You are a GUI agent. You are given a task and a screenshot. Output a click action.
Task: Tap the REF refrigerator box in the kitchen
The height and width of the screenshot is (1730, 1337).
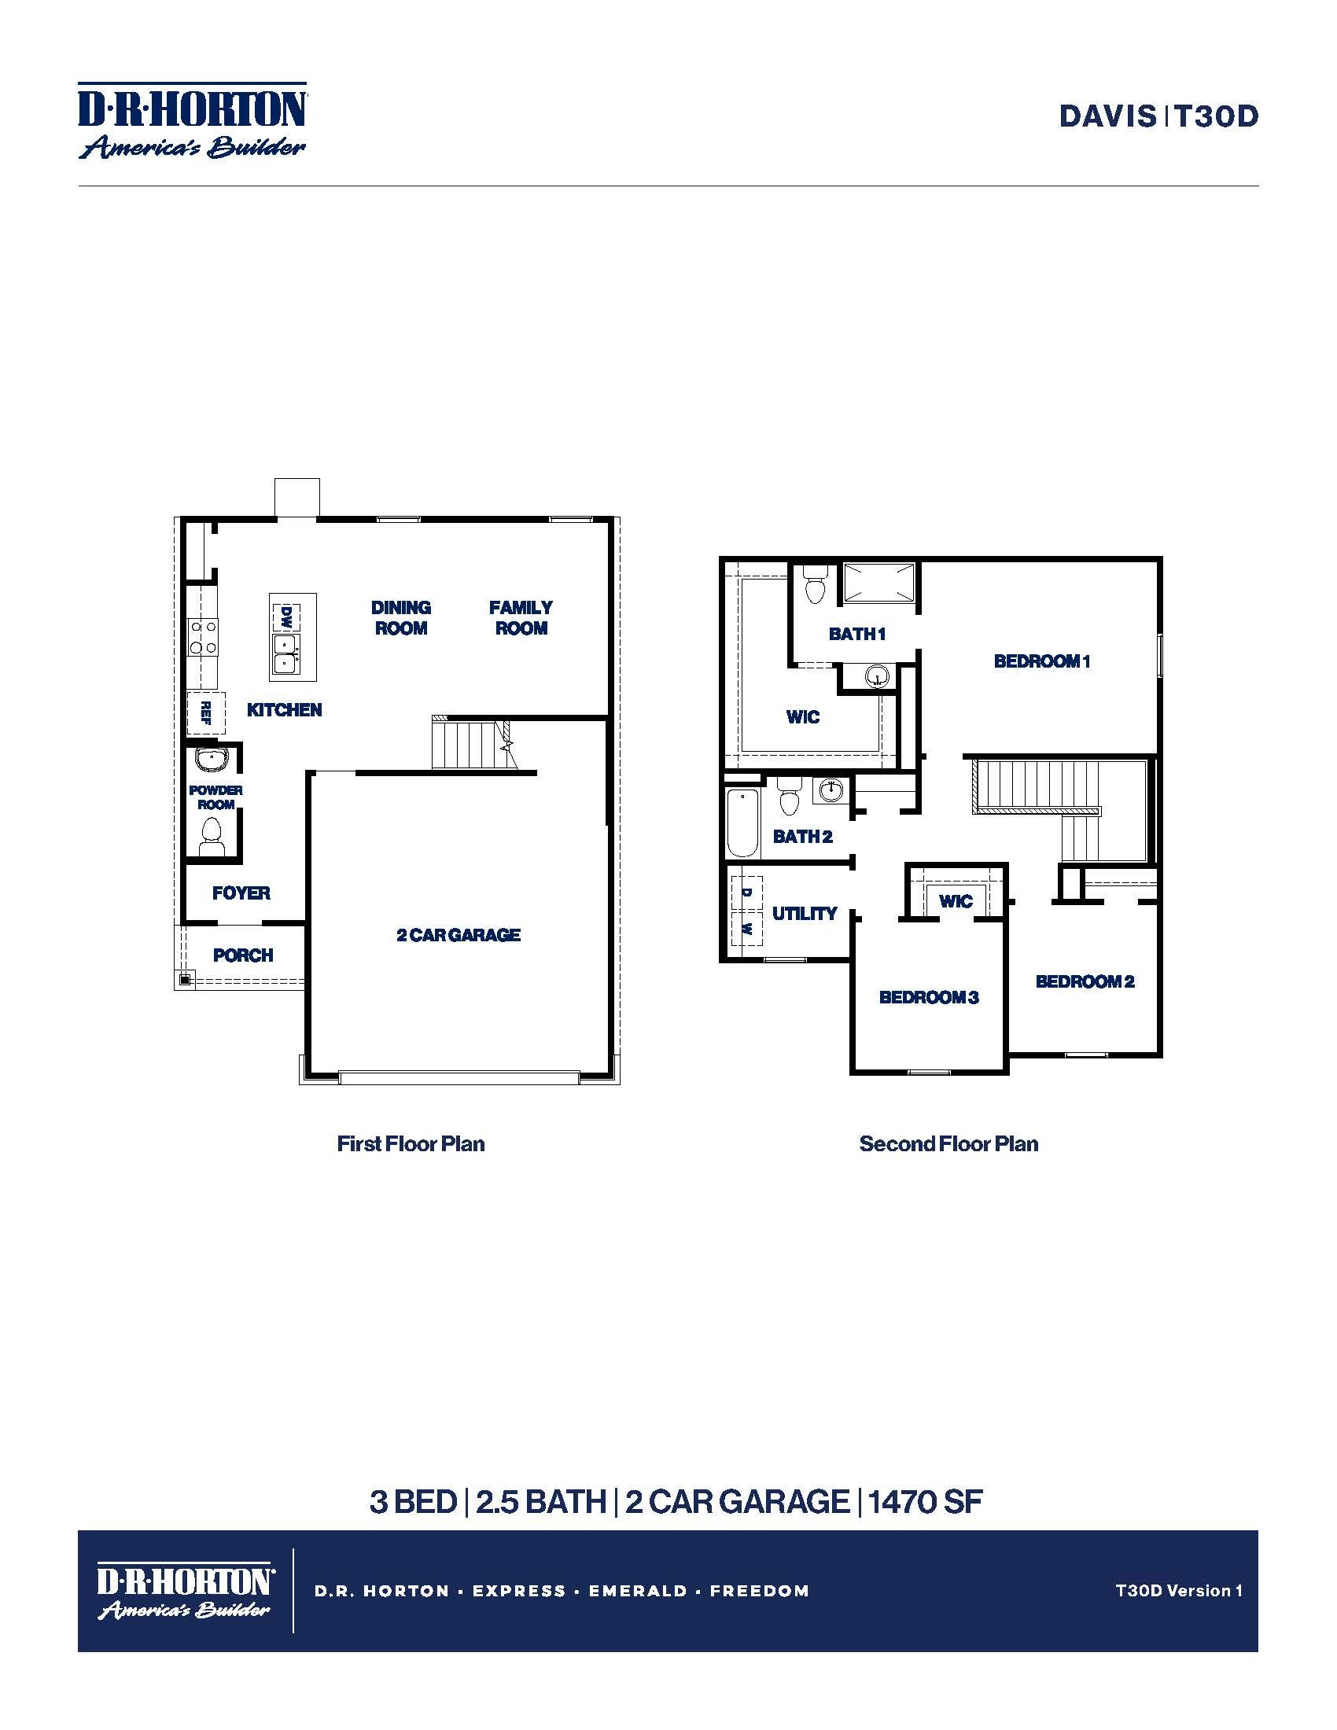pyautogui.click(x=206, y=713)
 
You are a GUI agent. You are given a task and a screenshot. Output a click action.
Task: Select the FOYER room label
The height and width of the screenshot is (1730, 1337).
pyautogui.click(x=241, y=893)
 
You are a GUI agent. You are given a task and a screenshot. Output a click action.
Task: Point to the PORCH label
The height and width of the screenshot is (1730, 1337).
pyautogui.click(x=243, y=955)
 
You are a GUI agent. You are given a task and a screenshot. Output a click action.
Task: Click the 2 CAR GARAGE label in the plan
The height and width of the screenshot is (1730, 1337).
pyautogui.click(x=459, y=935)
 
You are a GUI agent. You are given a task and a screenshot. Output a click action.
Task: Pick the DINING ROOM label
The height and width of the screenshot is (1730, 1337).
pyautogui.click(x=401, y=618)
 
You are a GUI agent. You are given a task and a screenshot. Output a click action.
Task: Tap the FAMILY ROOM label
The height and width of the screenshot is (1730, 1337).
pyautogui.click(x=521, y=618)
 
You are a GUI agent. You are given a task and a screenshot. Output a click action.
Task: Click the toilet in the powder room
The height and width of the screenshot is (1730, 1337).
pyautogui.click(x=211, y=835)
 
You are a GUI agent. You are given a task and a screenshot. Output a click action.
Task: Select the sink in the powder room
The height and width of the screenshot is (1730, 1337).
pyautogui.click(x=212, y=760)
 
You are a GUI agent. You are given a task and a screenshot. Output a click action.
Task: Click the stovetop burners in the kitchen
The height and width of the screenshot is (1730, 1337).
pyautogui.click(x=203, y=637)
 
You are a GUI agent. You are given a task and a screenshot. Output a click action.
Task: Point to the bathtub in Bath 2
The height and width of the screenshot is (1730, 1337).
pyautogui.click(x=743, y=823)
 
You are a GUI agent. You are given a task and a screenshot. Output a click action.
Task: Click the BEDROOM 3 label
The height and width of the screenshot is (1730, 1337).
pyautogui.click(x=929, y=997)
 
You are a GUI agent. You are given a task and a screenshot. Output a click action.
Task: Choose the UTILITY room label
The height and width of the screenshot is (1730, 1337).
pyautogui.click(x=805, y=913)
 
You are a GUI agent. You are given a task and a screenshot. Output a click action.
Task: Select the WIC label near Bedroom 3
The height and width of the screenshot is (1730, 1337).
pyautogui.click(x=956, y=901)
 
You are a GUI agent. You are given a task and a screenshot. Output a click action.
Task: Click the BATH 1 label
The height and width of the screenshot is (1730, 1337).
pyautogui.click(x=857, y=634)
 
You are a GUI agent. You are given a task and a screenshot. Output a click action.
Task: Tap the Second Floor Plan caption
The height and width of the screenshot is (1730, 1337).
pyautogui.click(x=948, y=1144)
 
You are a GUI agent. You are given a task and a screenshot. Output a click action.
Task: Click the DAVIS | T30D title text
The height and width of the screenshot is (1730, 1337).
pyautogui.click(x=1158, y=116)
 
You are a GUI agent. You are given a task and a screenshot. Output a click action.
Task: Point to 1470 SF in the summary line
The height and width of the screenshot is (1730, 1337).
pyautogui.click(x=925, y=1502)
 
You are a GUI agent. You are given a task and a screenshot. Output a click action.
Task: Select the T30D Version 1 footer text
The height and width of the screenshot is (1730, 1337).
pyautogui.click(x=1179, y=1590)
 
